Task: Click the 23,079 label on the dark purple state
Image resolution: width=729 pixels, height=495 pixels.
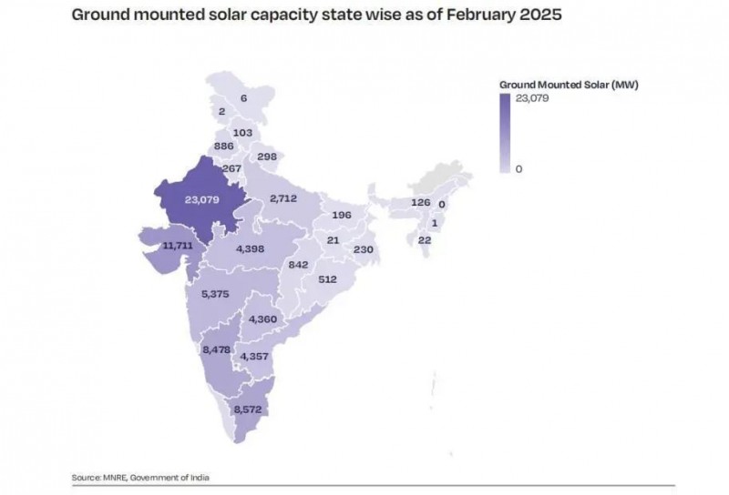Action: [201, 198]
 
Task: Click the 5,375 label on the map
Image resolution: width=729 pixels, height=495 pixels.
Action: [216, 294]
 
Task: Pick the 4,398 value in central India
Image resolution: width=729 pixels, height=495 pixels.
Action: [251, 249]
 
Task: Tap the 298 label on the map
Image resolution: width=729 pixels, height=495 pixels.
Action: [267, 157]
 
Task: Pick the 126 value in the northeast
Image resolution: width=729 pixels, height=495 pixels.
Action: [420, 202]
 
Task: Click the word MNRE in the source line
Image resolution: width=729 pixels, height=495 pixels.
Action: [113, 478]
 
